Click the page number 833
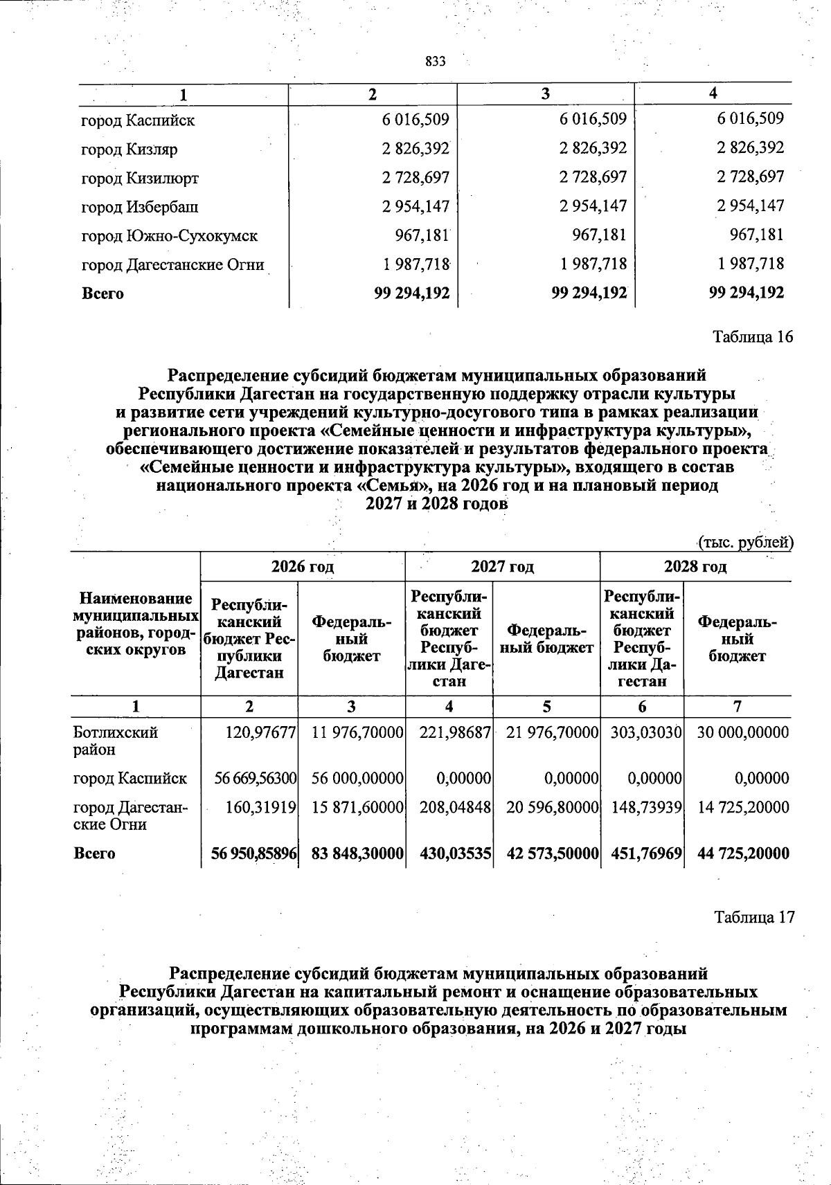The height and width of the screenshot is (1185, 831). point(435,62)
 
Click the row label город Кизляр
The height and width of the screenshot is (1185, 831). point(129,149)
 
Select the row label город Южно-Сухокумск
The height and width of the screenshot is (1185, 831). point(170,235)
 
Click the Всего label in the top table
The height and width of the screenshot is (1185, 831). point(103,293)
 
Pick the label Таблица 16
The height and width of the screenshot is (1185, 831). point(753,337)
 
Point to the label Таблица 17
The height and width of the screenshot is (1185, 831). point(754,917)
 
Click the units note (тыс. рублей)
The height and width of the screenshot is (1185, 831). point(744,542)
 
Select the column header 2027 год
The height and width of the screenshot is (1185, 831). point(503,567)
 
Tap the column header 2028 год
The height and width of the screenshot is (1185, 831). point(695,567)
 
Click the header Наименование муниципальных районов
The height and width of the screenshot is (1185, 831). point(136,623)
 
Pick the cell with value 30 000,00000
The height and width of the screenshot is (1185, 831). point(743,733)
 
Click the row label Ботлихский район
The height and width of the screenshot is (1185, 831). point(116,741)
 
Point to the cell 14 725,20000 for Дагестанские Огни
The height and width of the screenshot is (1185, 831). point(743,807)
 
